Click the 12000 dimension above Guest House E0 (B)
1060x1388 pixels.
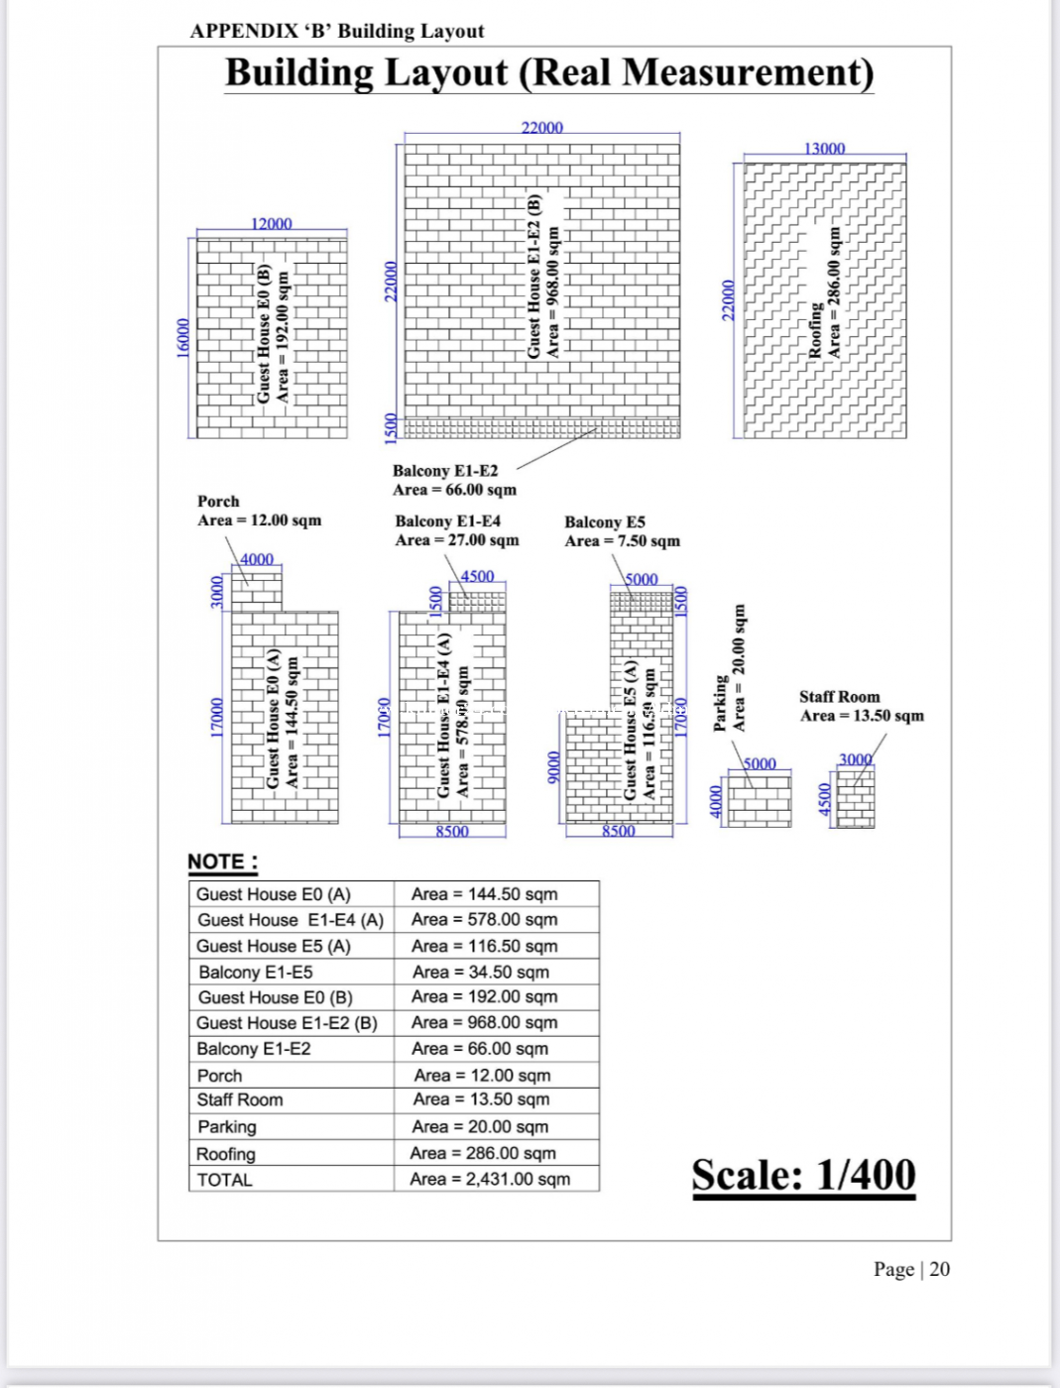(x=271, y=224)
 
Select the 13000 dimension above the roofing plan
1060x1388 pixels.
(x=824, y=149)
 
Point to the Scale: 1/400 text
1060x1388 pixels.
(x=803, y=1175)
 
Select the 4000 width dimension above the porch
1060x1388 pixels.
(x=257, y=559)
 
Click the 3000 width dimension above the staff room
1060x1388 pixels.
(x=855, y=759)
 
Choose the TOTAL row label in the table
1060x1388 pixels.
(x=225, y=1180)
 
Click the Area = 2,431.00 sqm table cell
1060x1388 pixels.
(x=490, y=1179)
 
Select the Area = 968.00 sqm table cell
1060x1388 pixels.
(x=484, y=1022)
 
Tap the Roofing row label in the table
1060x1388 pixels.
(x=226, y=1154)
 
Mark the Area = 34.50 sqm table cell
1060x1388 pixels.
(x=480, y=972)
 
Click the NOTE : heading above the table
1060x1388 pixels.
(x=223, y=862)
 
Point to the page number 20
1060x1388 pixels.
(x=939, y=1269)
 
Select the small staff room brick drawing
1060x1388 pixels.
(x=855, y=799)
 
